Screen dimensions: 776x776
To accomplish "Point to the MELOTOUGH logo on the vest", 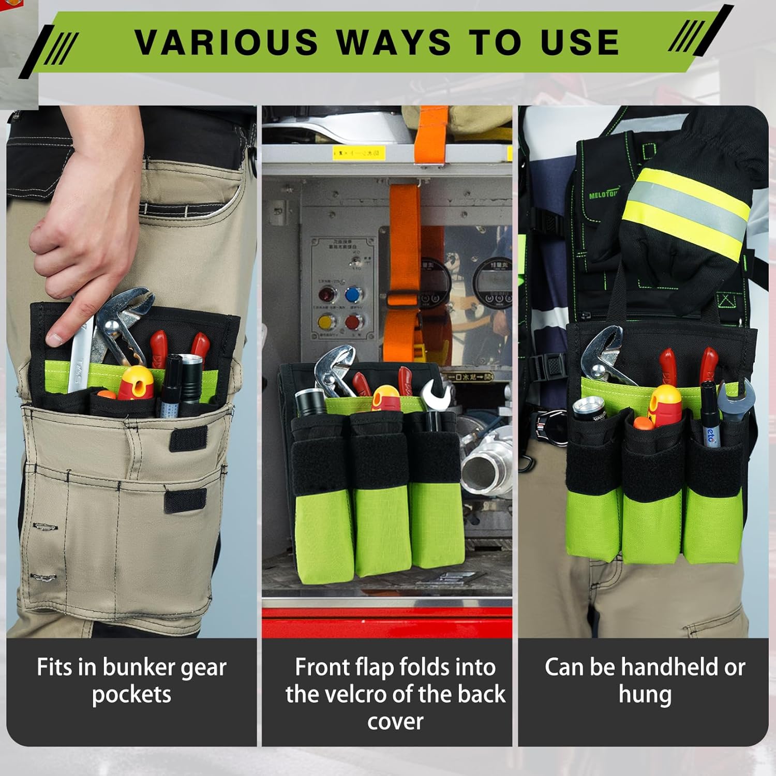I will click(x=603, y=195).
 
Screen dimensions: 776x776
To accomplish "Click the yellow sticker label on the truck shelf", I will click(x=359, y=153).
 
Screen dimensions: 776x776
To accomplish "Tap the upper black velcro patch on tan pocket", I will click(x=189, y=439).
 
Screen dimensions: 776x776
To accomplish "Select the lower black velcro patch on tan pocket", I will click(x=185, y=500).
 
